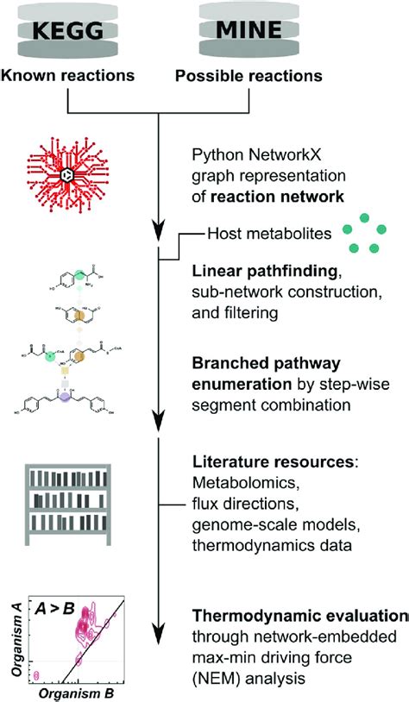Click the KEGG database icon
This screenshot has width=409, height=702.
(x=69, y=31)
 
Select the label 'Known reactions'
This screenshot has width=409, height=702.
(x=69, y=75)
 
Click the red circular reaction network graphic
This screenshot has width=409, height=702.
(x=67, y=176)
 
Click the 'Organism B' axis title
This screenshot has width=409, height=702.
(x=79, y=692)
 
